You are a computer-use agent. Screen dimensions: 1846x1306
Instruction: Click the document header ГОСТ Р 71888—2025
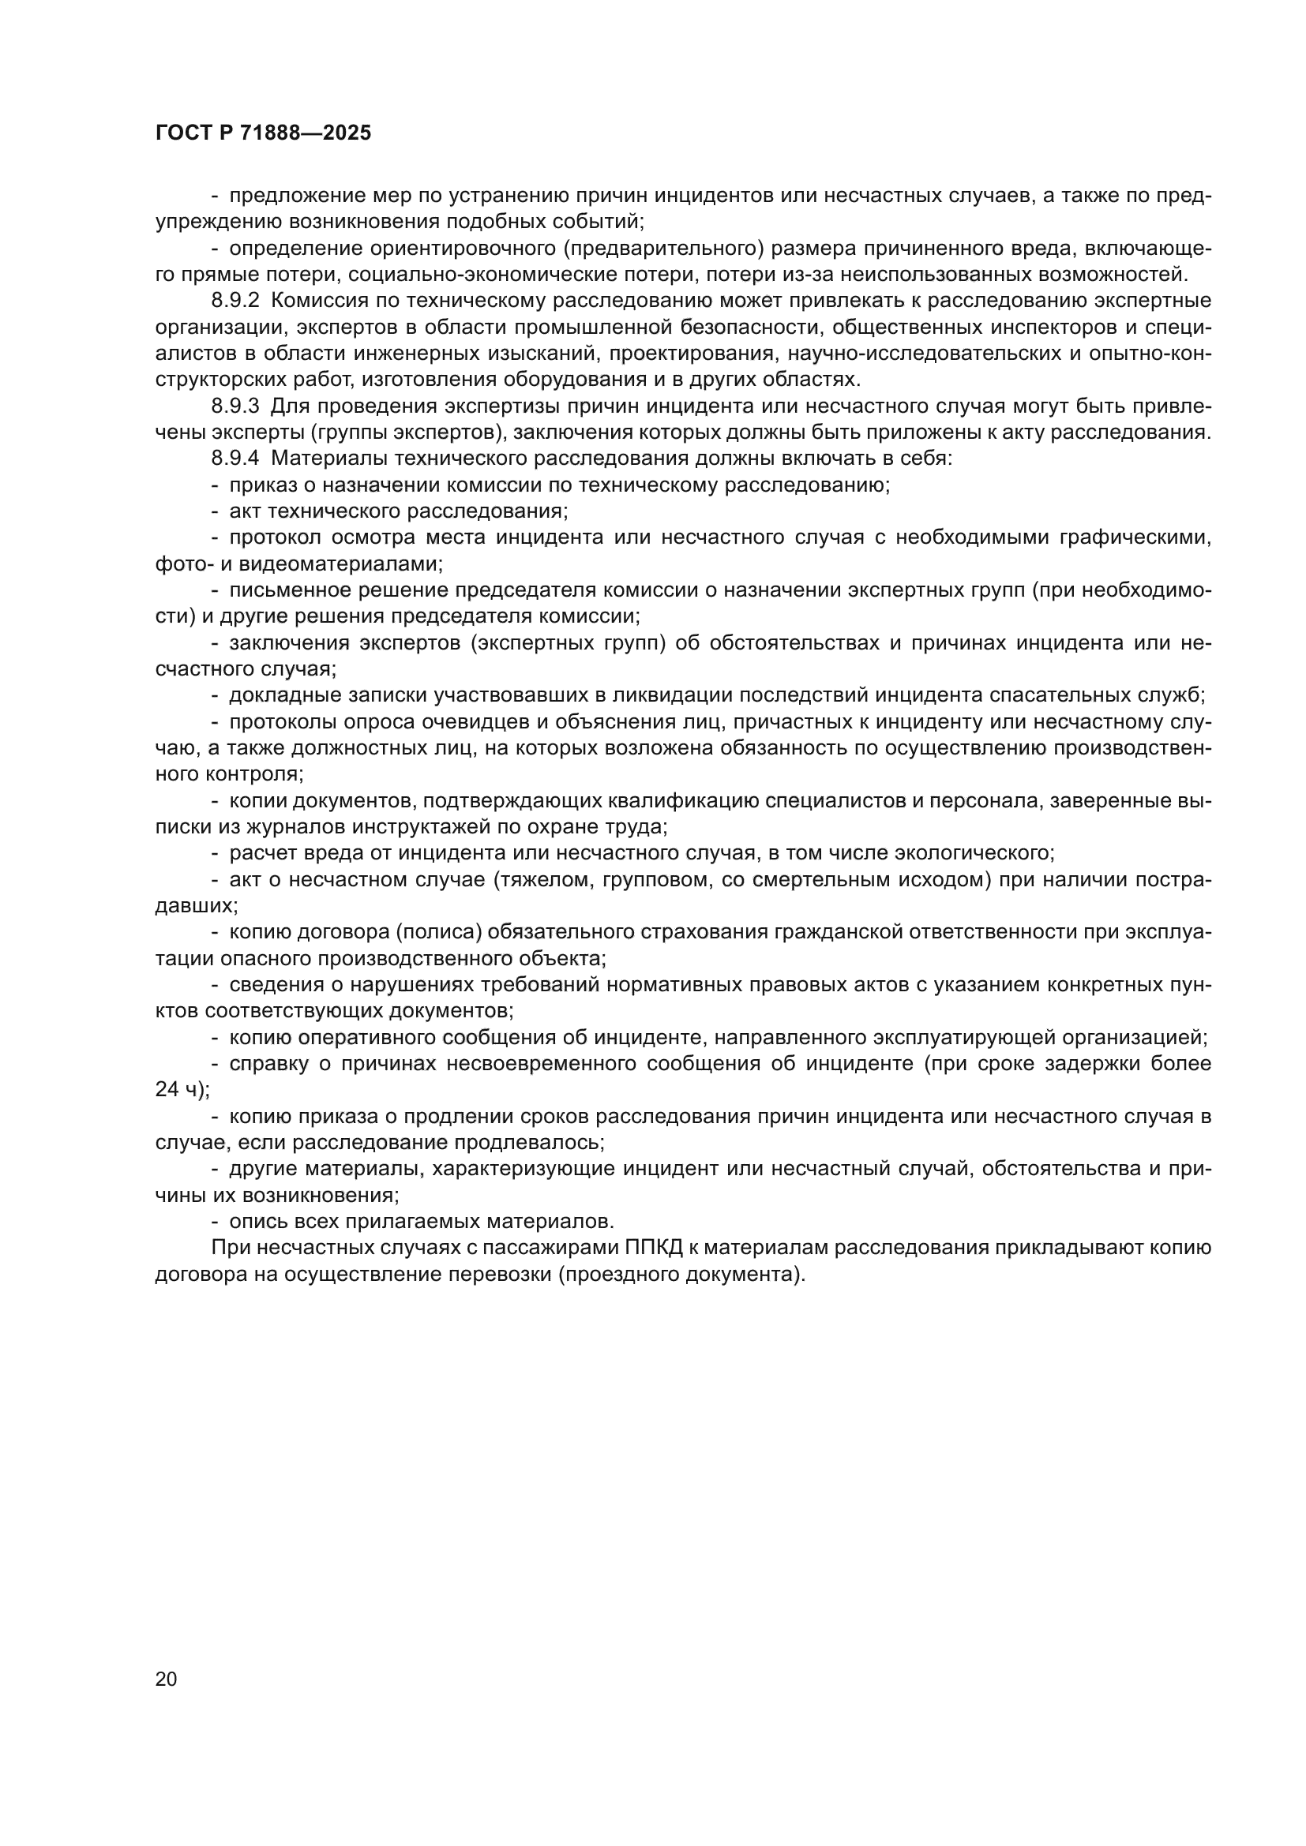(263, 133)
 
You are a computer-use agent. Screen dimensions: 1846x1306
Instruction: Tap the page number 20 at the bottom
(166, 1679)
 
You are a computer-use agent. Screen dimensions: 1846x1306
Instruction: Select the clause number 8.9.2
(235, 301)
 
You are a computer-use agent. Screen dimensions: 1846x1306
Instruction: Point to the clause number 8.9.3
(235, 406)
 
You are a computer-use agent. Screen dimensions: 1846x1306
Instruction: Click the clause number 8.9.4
(235, 459)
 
